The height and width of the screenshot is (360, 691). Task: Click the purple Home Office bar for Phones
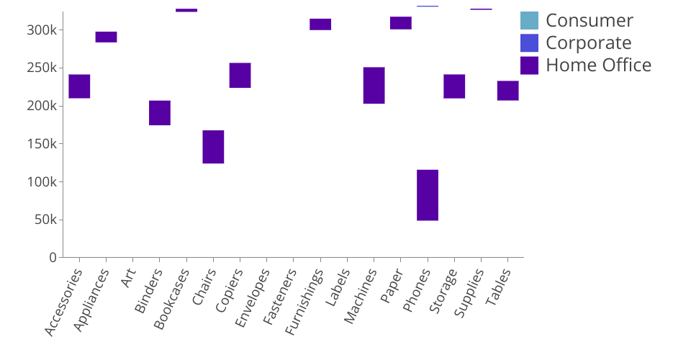[x=428, y=195]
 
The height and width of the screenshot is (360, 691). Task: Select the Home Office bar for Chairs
[x=213, y=147]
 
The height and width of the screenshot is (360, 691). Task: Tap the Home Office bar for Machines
[x=374, y=85]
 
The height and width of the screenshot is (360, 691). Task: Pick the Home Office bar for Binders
[x=160, y=113]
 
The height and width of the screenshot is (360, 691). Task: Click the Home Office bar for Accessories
[x=79, y=86]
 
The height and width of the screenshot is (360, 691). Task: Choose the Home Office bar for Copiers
[x=240, y=76]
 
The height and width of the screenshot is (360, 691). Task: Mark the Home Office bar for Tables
[x=507, y=91]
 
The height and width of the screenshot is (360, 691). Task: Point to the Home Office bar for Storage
[x=454, y=86]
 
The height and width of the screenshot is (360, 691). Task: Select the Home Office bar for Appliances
[x=106, y=37]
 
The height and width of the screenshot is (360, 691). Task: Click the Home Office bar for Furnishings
[x=320, y=24]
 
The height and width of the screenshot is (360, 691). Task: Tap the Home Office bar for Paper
[x=401, y=23]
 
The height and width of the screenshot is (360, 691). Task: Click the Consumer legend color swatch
[x=529, y=21]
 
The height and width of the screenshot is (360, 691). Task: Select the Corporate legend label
[x=588, y=43]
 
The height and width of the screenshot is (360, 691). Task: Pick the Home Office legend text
[x=598, y=66]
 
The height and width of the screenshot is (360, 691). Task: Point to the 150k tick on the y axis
[x=42, y=144]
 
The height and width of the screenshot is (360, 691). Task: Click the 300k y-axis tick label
[x=42, y=30]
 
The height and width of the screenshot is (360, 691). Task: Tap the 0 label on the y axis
[x=52, y=258]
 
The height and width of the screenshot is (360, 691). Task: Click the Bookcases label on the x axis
[x=173, y=298]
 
